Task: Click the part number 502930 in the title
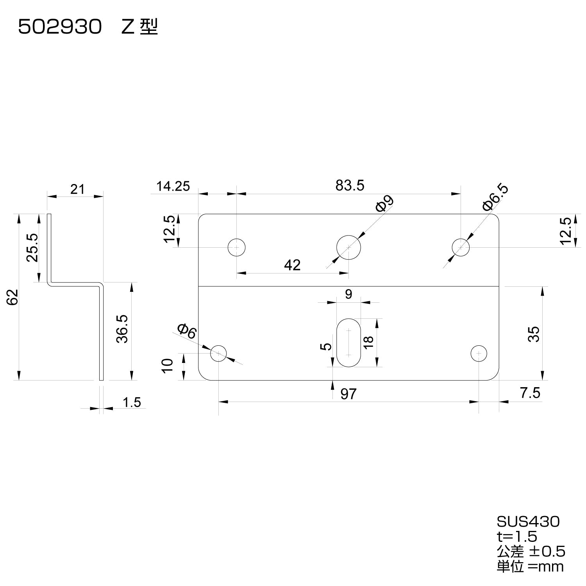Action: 60,28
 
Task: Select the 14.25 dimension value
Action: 173,186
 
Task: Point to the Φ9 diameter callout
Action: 385,204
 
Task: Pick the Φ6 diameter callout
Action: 187,332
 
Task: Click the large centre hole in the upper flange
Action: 348,247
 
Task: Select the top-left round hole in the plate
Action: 237,247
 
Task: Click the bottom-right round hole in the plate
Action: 479,353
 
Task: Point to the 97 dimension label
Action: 348,394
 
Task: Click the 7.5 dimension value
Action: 530,393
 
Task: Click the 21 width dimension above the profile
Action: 77,189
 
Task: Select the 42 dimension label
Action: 292,265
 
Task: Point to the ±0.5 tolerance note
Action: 547,551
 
